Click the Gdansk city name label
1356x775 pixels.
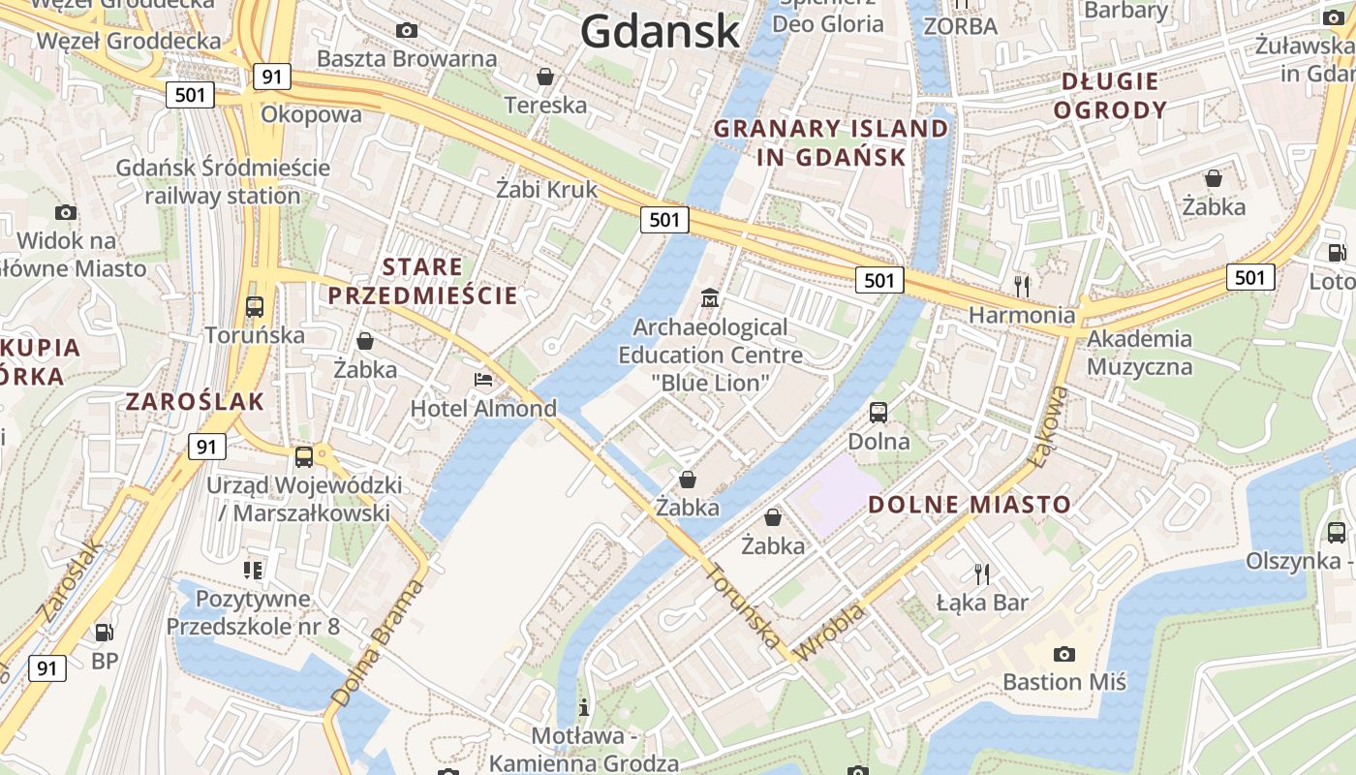[x=661, y=31]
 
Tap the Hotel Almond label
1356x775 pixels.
[x=483, y=408]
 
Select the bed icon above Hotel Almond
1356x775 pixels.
[x=483, y=380]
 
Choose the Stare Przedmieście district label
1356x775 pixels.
[x=422, y=281]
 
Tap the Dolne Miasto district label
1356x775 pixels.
[x=969, y=504]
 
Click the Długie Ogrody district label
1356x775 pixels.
[x=1110, y=95]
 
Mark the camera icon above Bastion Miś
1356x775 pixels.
[x=1063, y=654]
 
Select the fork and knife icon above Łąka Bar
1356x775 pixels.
[x=982, y=573]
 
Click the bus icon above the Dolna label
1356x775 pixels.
[x=878, y=412]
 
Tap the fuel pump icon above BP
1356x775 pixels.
[x=104, y=633]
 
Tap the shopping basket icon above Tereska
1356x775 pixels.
[x=545, y=77]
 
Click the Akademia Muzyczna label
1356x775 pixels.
[x=1139, y=353]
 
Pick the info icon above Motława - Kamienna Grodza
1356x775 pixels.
[x=583, y=706]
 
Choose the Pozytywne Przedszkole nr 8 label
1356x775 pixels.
[x=253, y=612]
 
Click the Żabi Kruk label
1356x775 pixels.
[x=547, y=189]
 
